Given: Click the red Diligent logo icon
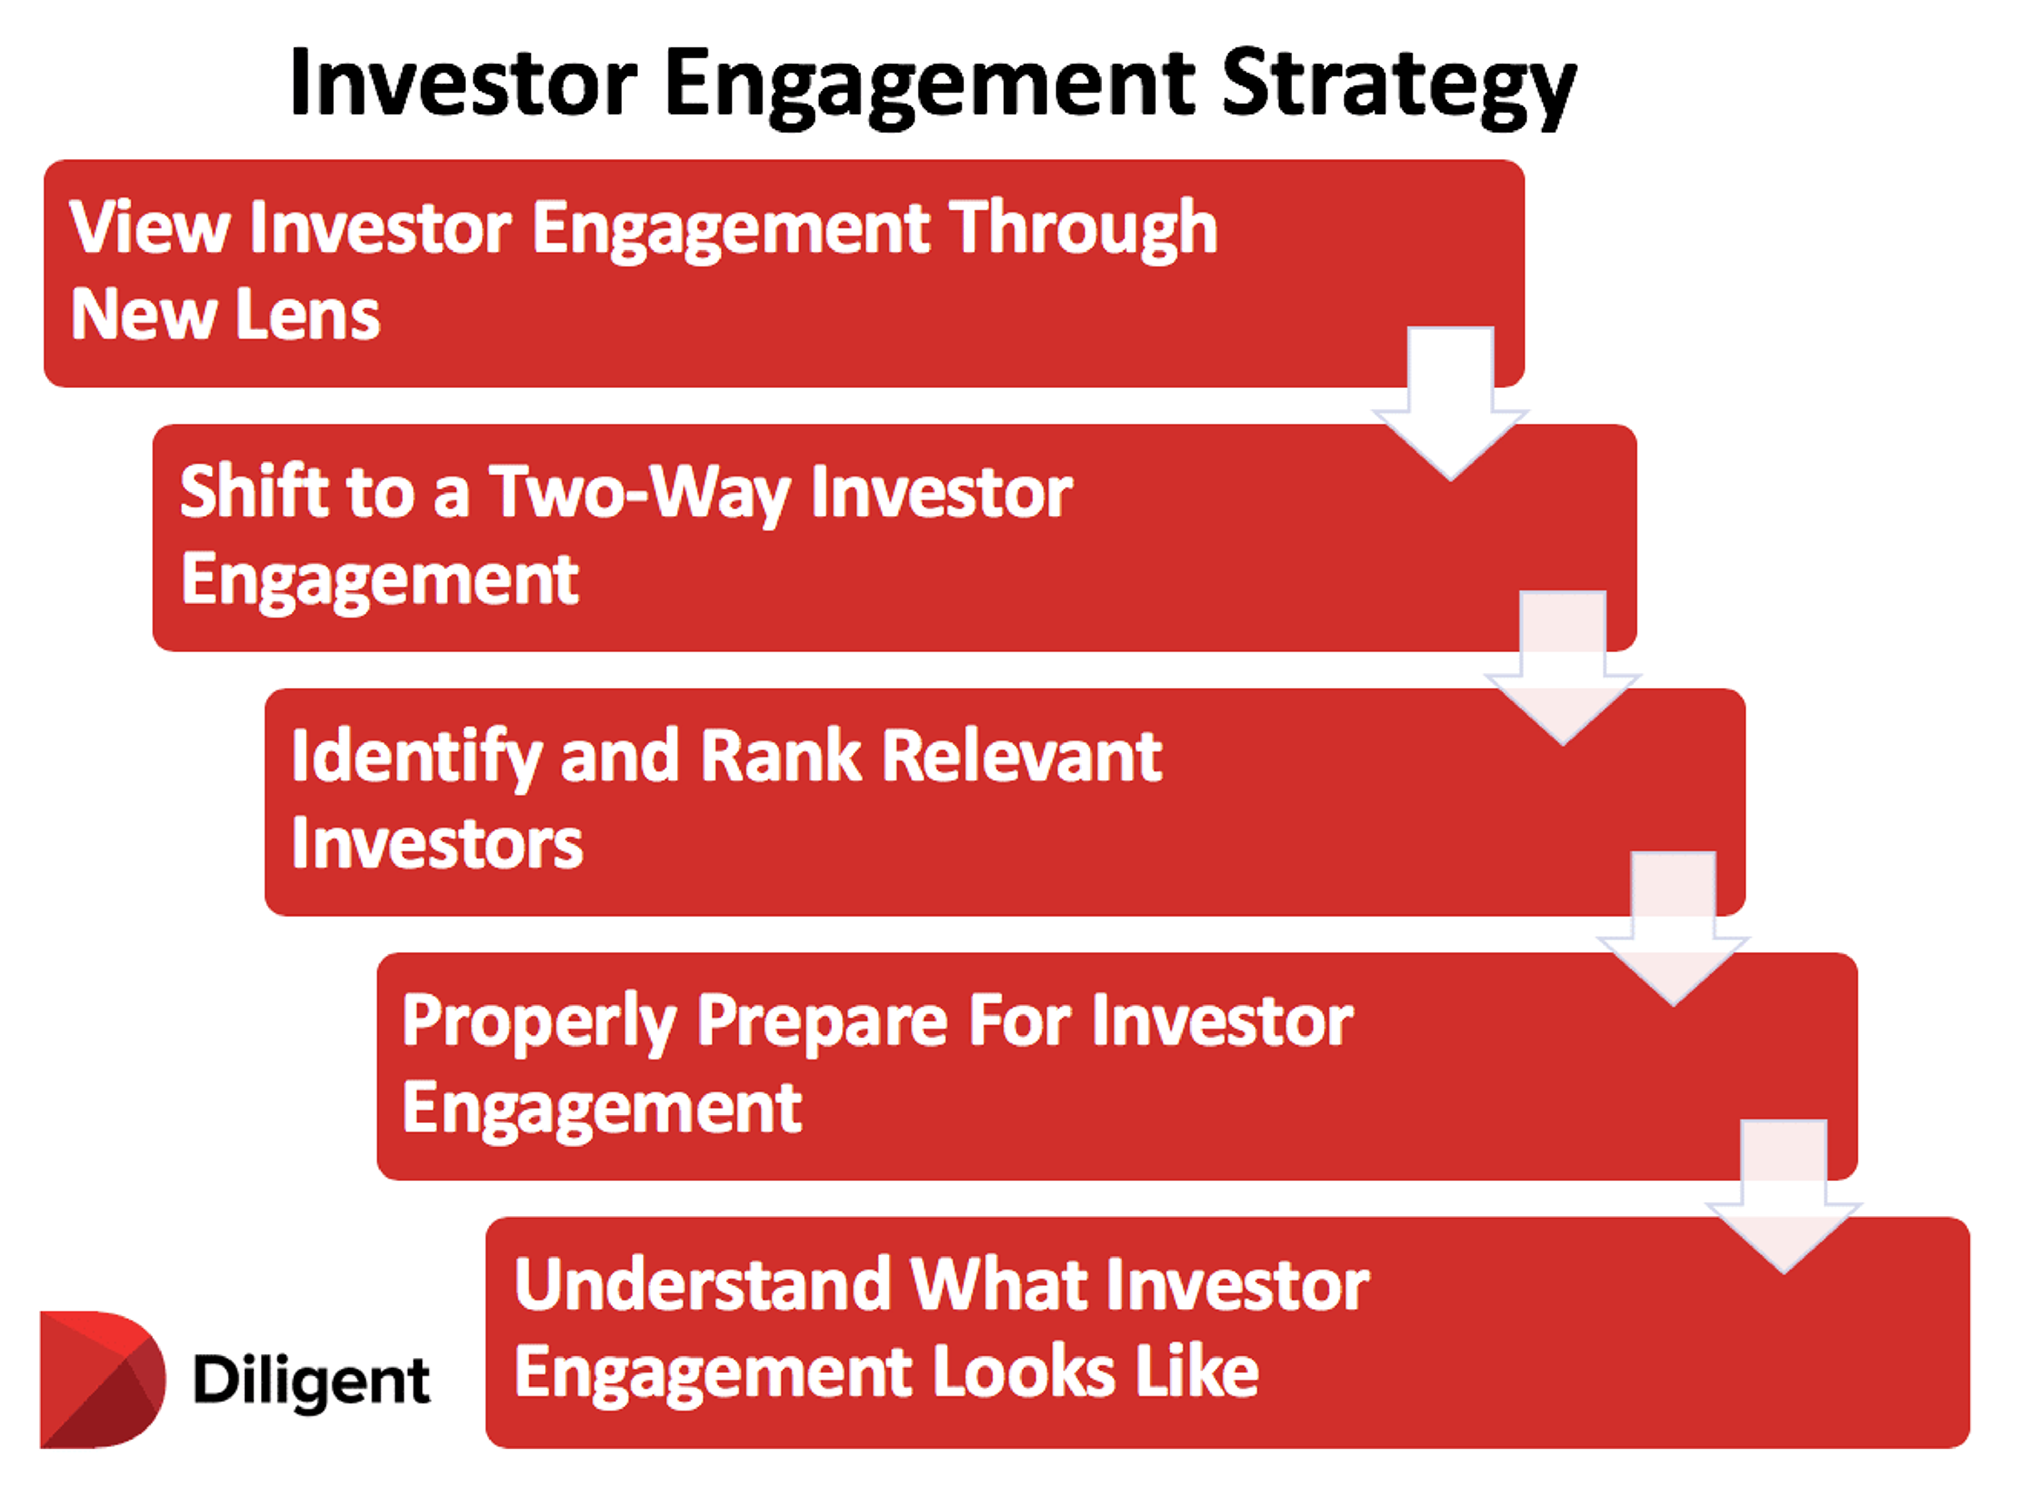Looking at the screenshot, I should (101, 1378).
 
